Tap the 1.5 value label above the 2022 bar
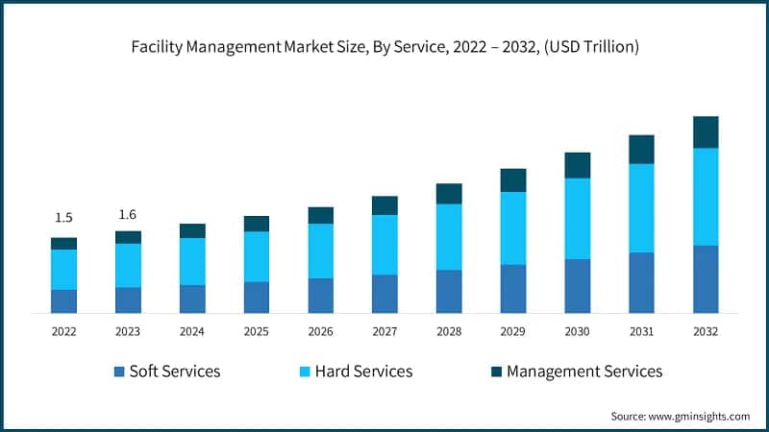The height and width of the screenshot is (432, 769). pyautogui.click(x=63, y=217)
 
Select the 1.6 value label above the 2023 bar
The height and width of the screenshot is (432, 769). pyautogui.click(x=128, y=213)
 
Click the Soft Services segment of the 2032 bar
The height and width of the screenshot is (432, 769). pyautogui.click(x=706, y=279)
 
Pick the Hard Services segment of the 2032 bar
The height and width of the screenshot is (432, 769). pyautogui.click(x=706, y=197)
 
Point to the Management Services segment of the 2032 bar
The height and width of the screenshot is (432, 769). pyautogui.click(x=706, y=132)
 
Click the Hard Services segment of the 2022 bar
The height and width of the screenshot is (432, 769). pyautogui.click(x=63, y=269)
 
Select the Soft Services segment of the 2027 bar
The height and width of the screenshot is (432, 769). pyautogui.click(x=384, y=294)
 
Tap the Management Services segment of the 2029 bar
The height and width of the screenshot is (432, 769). pyautogui.click(x=513, y=180)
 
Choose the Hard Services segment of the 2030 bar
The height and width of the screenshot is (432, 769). pyautogui.click(x=578, y=219)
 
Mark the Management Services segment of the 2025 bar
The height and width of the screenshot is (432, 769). pyautogui.click(x=257, y=224)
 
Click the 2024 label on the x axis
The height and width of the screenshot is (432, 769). pyautogui.click(x=192, y=331)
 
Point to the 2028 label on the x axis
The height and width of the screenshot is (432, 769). pyautogui.click(x=449, y=331)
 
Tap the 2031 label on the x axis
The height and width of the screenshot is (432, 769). pyautogui.click(x=641, y=331)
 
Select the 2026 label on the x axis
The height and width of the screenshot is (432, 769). pyautogui.click(x=320, y=331)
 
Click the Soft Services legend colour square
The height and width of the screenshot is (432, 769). pyautogui.click(x=118, y=372)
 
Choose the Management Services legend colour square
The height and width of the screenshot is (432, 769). pyautogui.click(x=496, y=372)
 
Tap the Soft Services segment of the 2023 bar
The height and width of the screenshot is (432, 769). pyautogui.click(x=128, y=300)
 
